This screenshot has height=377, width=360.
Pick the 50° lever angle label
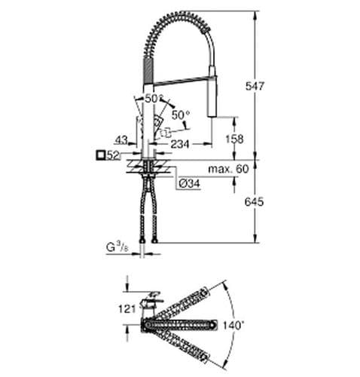pyautogui.click(x=181, y=114)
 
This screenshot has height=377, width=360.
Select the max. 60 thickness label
pyautogui.click(x=230, y=169)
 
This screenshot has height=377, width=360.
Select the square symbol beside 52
pyautogui.click(x=100, y=155)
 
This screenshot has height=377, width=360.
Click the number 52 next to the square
pyautogui.click(x=114, y=155)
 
